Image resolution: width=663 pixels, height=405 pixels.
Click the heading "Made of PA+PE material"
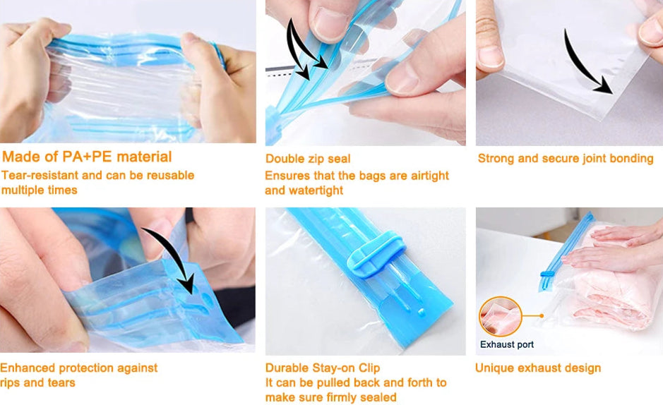coord(87,157)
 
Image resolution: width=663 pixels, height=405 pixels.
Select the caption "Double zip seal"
coord(308,159)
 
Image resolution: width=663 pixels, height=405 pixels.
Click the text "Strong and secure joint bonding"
coord(566,158)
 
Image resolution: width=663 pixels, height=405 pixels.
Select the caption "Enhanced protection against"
coord(78,368)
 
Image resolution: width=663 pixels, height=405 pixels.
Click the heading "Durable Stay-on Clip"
coord(323,368)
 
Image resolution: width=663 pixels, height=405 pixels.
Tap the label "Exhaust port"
coord(506,344)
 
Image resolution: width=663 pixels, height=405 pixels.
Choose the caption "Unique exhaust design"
coord(538,368)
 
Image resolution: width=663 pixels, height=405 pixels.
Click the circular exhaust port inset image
coord(500,317)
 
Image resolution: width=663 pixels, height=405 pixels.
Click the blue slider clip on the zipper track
coord(375,257)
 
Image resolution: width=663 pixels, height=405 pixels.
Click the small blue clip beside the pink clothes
coord(547,274)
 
